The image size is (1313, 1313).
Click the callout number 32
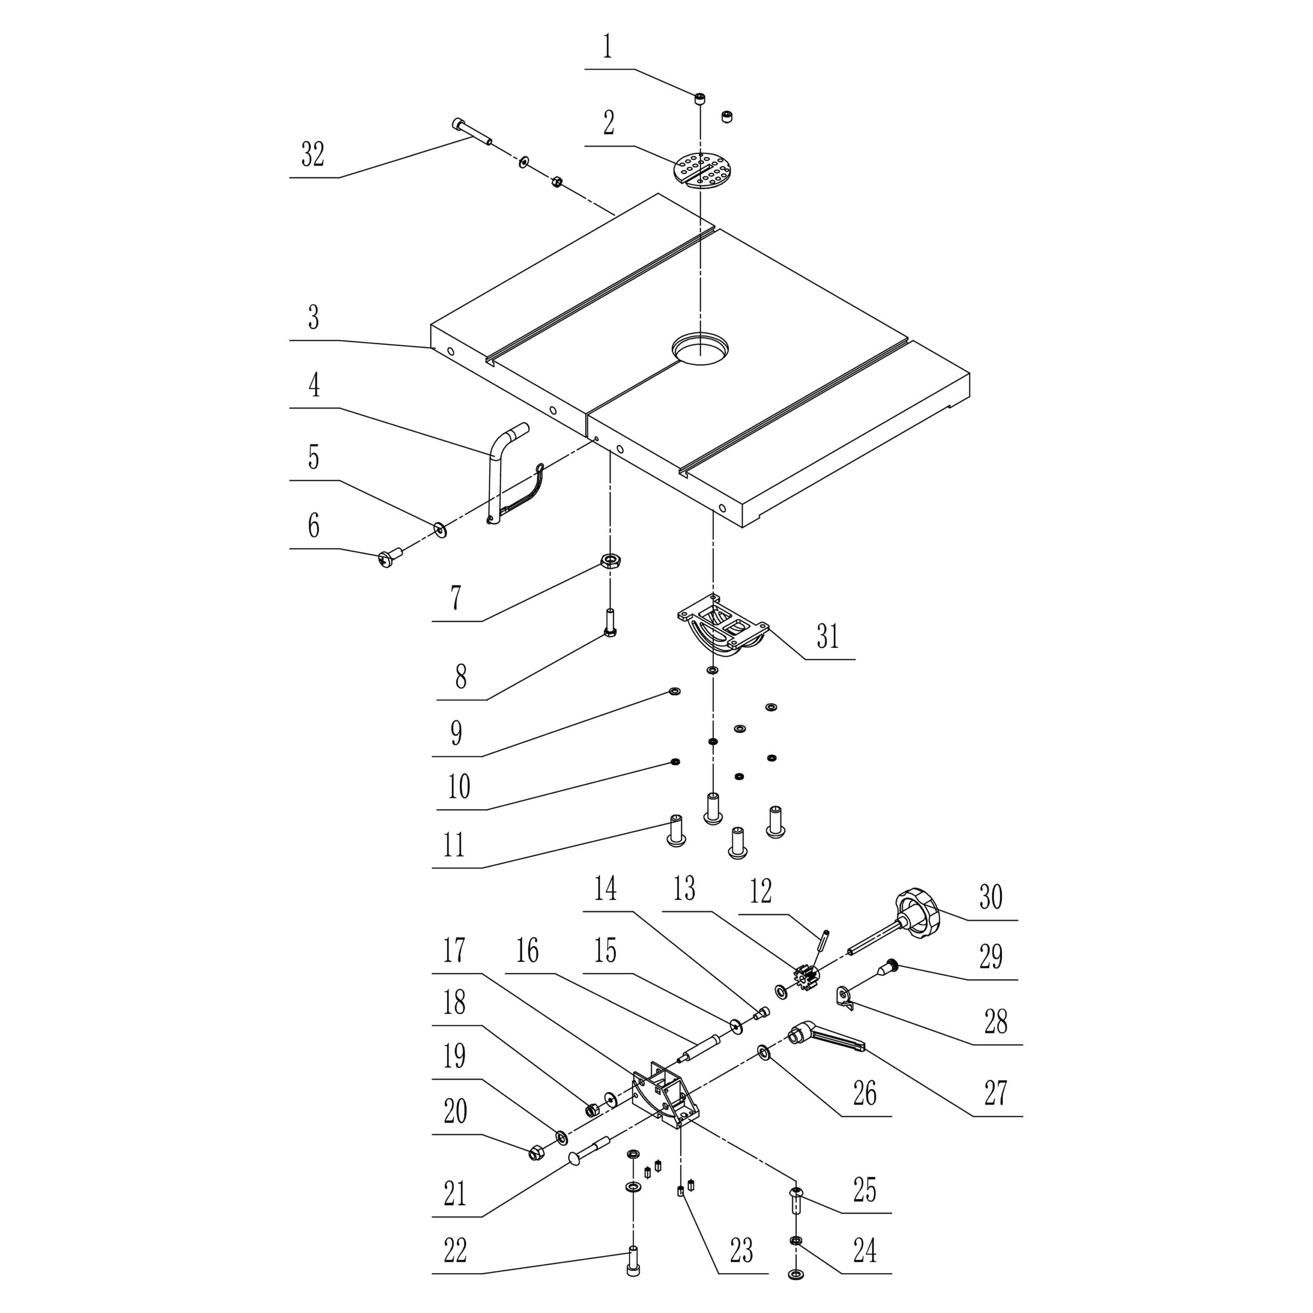tap(313, 155)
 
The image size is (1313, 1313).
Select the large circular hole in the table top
tap(701, 349)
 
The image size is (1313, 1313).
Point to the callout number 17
tap(454, 950)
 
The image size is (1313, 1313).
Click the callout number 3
tap(313, 317)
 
